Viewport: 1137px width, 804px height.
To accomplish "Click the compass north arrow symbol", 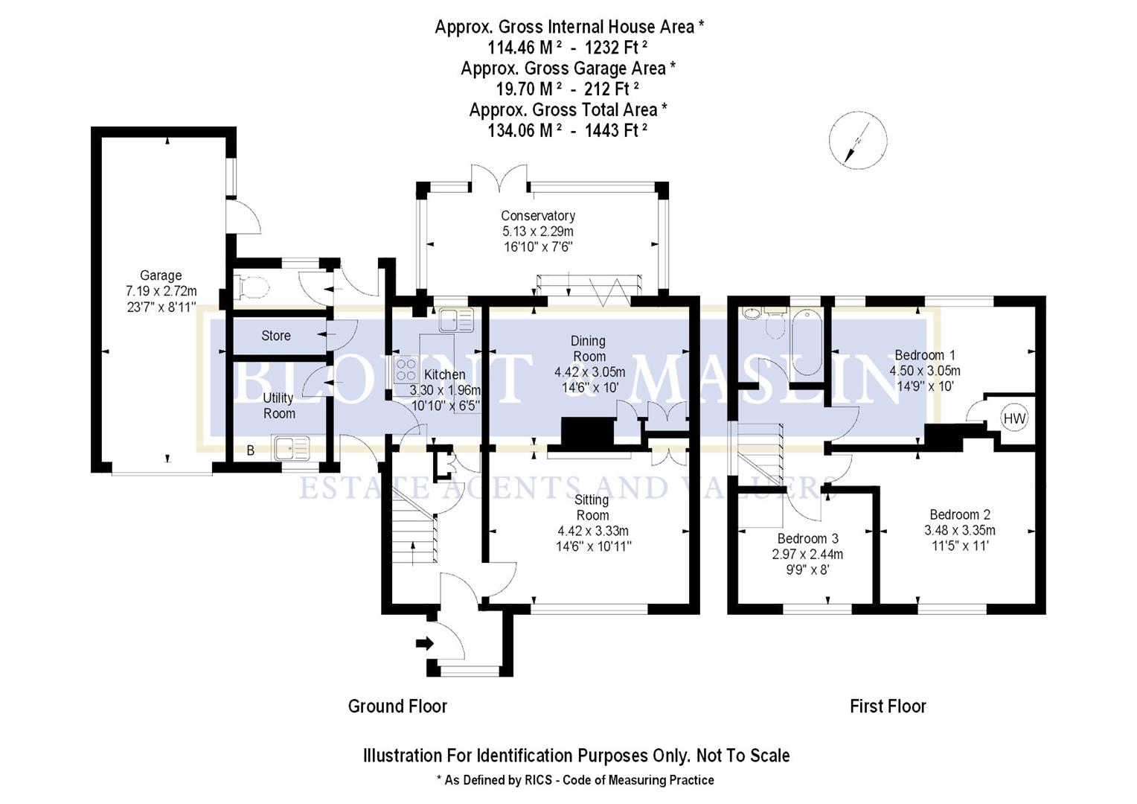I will pos(857,139).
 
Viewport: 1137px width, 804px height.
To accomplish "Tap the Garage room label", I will pos(161,275).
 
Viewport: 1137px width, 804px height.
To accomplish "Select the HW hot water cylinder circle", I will pos(1013,418).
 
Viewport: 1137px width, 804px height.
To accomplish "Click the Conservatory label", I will pos(537,216).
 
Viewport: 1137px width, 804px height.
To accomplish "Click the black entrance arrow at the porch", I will pos(425,643).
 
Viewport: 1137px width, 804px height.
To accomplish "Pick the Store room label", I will pos(275,336).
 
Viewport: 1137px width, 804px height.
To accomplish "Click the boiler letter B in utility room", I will pos(250,450).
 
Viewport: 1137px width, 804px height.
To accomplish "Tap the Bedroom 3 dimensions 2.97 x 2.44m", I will pos(807,555).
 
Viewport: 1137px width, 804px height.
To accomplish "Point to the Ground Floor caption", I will pos(397,706).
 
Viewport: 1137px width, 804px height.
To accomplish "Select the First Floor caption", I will pos(888,706).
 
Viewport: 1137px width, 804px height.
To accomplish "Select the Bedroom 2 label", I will pos(959,514).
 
